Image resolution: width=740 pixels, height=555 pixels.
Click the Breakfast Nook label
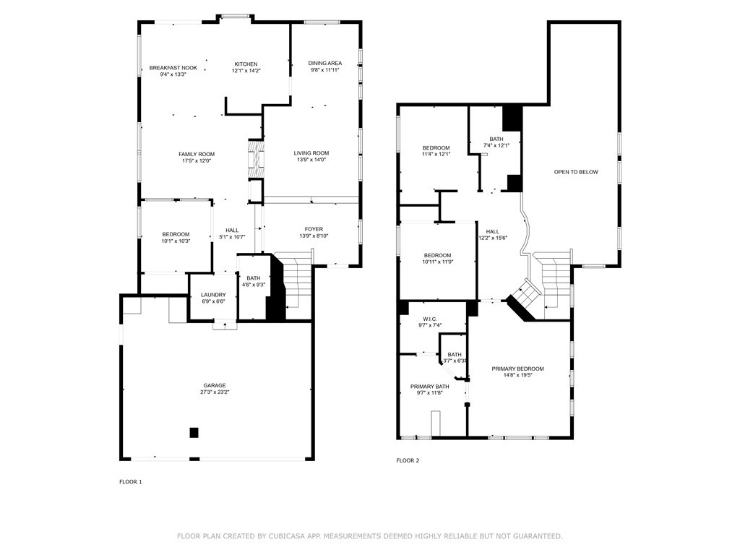point(173,67)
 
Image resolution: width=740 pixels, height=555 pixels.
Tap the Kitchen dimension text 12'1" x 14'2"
point(246,71)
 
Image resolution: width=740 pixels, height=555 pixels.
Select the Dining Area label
point(324,64)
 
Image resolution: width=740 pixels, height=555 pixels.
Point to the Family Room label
point(197,155)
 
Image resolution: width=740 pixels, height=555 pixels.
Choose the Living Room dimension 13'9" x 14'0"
point(311,160)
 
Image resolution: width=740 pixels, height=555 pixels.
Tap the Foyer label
point(314,229)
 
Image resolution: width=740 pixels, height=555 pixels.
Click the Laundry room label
point(213,295)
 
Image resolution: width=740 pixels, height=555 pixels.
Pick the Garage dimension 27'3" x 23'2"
point(215,392)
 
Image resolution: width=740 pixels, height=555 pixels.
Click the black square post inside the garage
point(194,432)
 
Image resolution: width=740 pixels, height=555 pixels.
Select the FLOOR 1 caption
point(130,482)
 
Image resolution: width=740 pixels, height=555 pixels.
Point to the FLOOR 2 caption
point(408,460)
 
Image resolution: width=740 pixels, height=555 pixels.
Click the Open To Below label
point(576,172)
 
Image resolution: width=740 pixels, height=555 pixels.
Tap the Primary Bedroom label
point(517,369)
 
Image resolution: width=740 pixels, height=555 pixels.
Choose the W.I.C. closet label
point(429,319)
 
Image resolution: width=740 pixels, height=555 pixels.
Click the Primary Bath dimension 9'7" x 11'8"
point(429,392)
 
